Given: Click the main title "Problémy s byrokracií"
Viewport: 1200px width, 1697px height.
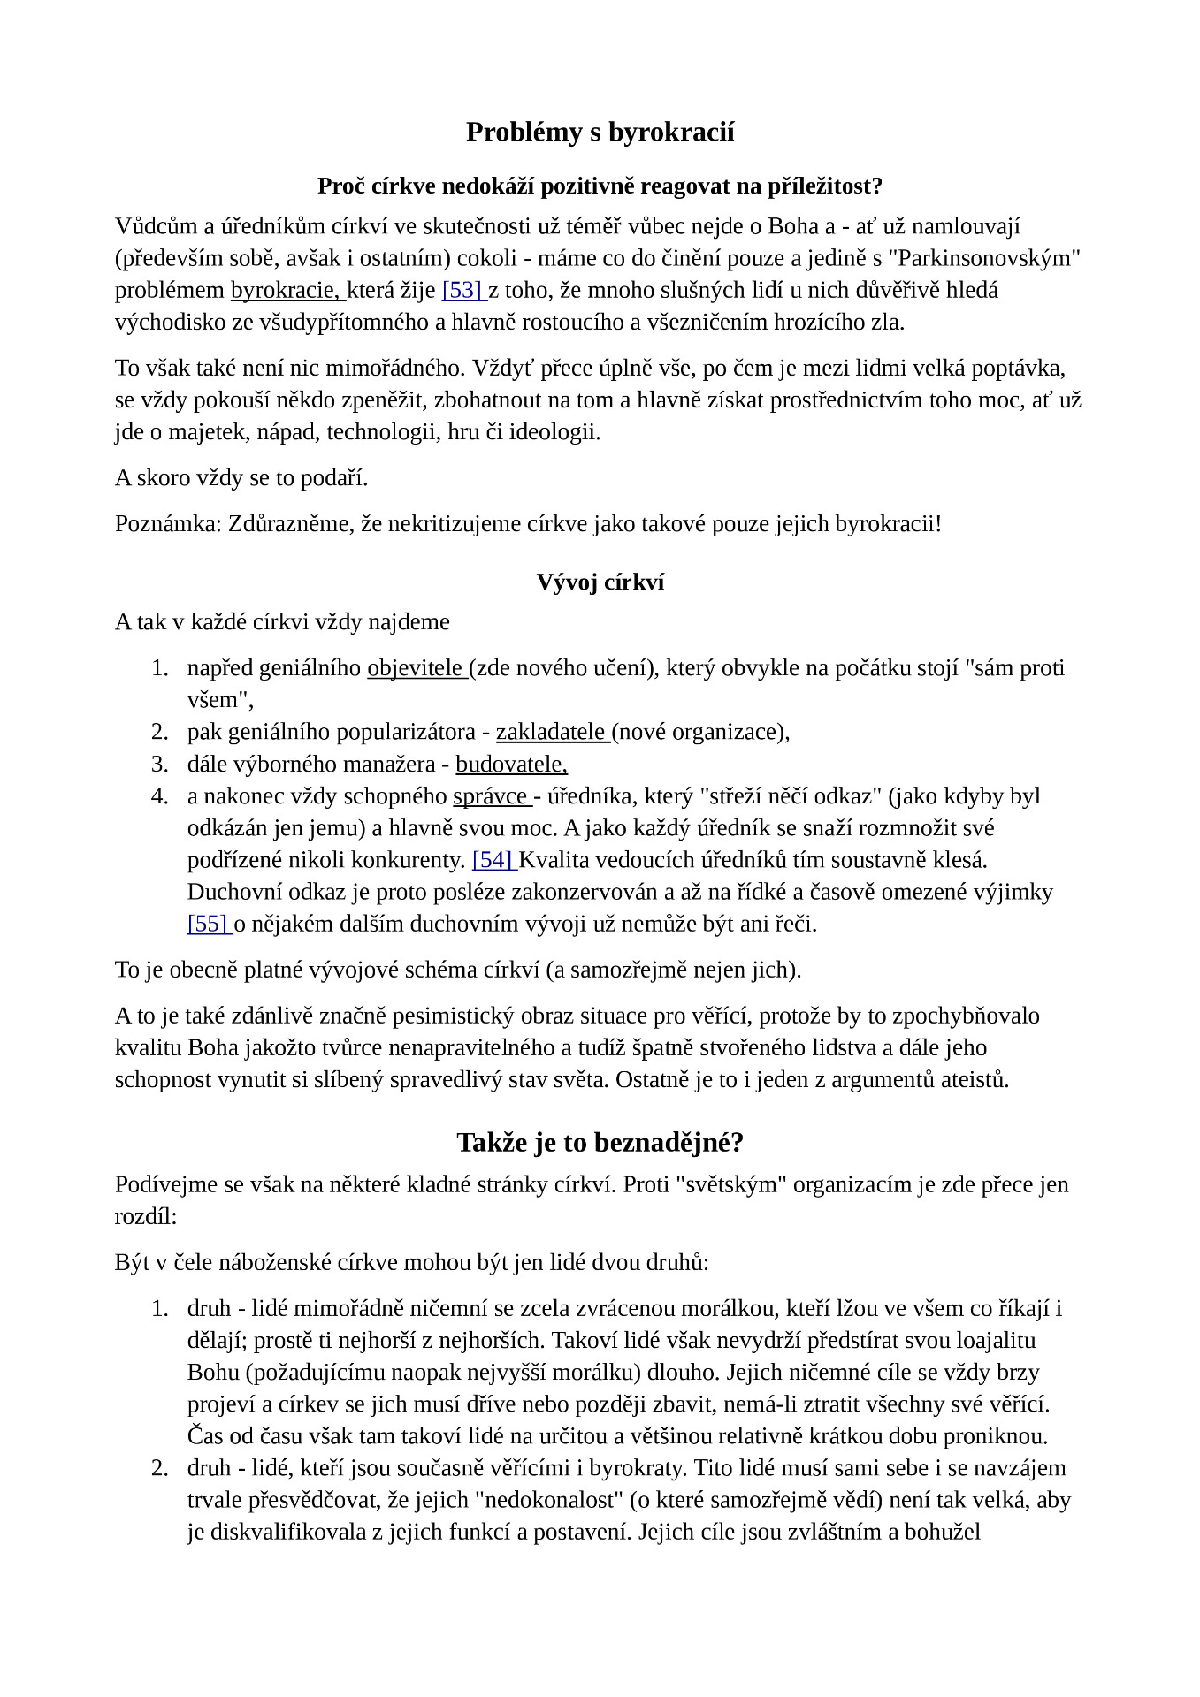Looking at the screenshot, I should [600, 133].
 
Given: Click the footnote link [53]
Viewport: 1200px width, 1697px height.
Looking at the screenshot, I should [461, 290].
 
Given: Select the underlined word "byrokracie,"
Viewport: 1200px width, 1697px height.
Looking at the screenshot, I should [286, 290].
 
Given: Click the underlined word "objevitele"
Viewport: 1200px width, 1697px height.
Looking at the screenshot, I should [415, 668].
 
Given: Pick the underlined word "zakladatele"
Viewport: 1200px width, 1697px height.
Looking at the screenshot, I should [550, 732].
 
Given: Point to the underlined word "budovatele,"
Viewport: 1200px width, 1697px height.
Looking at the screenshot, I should [511, 764].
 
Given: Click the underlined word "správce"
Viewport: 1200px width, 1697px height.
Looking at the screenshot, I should [490, 796].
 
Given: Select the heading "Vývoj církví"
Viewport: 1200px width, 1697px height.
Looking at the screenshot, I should [600, 582].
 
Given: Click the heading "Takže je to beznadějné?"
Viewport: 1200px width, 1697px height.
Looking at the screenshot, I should [600, 1143].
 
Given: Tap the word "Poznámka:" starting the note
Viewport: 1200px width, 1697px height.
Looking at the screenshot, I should [168, 524].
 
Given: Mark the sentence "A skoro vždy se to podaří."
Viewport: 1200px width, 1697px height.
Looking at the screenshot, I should [241, 478].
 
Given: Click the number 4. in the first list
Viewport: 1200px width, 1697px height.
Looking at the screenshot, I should [160, 796].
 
